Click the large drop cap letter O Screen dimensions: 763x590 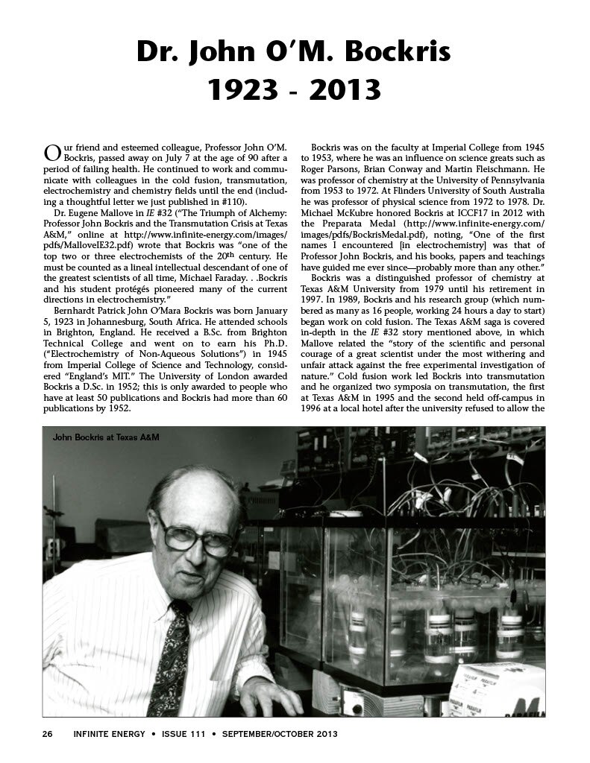pos(51,153)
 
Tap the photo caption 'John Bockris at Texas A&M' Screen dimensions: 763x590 pos(107,437)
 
